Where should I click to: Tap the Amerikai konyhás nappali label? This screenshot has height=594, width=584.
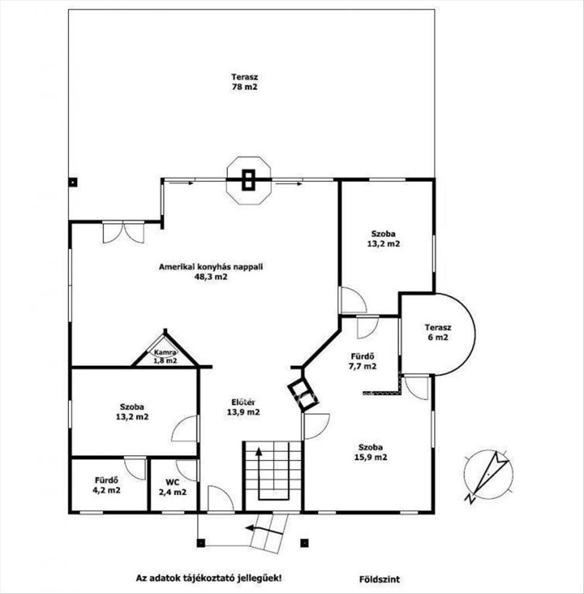211,271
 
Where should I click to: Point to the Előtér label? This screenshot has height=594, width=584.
244,407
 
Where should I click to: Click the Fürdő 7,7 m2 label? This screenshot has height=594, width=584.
363,361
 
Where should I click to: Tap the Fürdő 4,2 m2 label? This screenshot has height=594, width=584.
108,485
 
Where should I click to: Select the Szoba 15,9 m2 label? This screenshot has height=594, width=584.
371,452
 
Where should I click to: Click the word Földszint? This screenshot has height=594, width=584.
376,577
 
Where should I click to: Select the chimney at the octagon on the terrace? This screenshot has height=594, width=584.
249,179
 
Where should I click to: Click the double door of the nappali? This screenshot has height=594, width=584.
123,232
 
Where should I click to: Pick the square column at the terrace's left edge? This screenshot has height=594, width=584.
72,182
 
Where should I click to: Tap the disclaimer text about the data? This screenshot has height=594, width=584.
209,577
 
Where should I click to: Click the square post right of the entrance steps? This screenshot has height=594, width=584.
305,542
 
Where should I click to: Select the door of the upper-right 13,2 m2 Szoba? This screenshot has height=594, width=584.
353,302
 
